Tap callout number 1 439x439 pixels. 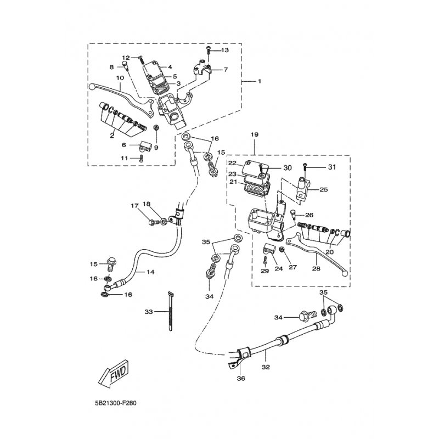coord(260,81)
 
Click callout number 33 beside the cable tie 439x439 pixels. coord(148,312)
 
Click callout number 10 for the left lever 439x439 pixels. coord(119,78)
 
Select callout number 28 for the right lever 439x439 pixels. coord(316,269)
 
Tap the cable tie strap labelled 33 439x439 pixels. coord(167,313)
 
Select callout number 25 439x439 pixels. coord(323,190)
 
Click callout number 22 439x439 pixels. coord(233,164)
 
